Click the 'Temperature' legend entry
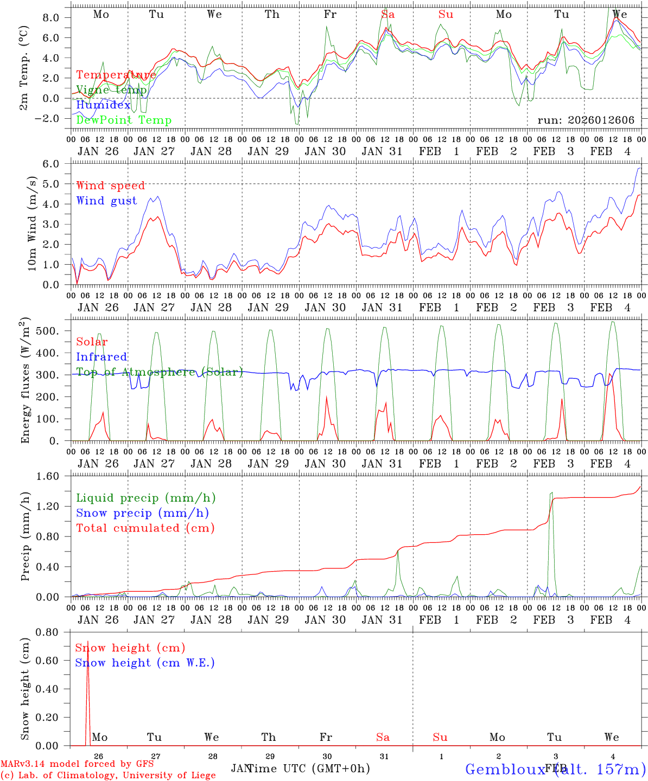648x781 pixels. point(116,75)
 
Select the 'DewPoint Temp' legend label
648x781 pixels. point(124,120)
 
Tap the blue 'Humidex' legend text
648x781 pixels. point(103,105)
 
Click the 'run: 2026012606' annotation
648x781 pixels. point(586,120)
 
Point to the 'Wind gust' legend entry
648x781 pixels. point(106,201)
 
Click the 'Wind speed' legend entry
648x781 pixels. point(111,186)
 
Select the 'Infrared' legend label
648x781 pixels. point(101,357)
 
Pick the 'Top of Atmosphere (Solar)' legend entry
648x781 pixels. point(160,372)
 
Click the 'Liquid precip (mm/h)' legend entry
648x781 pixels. point(146,498)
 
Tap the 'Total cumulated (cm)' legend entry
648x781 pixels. point(145,528)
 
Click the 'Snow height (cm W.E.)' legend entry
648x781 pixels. point(145,663)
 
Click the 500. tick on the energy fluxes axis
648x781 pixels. point(53,331)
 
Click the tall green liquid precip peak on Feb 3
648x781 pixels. point(551,493)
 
